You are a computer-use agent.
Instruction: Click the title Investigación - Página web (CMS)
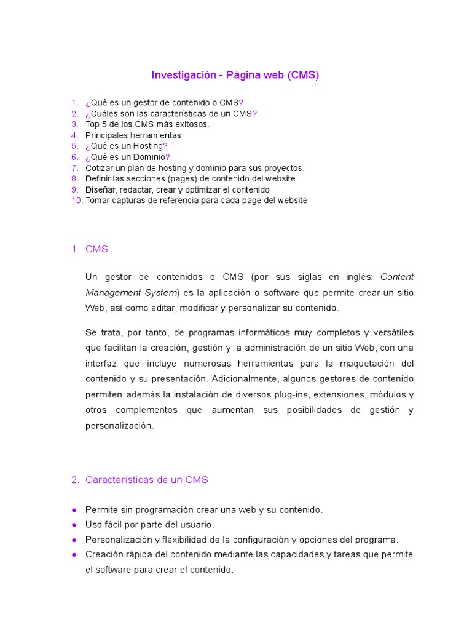tap(235, 75)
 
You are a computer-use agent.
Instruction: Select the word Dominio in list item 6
tap(149, 157)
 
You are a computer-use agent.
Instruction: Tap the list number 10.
tap(76, 201)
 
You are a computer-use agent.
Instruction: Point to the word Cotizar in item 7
tap(99, 168)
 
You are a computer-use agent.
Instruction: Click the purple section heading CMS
tap(96, 249)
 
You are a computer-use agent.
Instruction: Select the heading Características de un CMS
tap(146, 480)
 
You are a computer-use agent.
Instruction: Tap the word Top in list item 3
tap(92, 124)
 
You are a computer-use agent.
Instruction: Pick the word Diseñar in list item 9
tap(100, 189)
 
